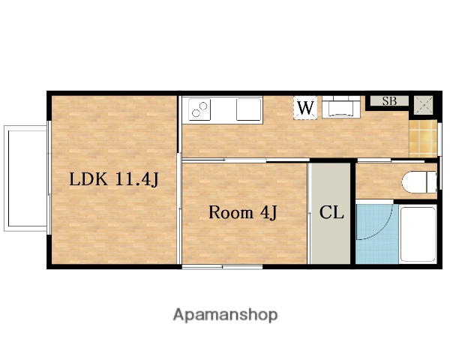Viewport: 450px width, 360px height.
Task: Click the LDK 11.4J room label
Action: [114, 179]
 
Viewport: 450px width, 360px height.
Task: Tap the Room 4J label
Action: [242, 213]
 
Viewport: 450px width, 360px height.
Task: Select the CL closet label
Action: [331, 213]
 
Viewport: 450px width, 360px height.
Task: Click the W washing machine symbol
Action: [305, 108]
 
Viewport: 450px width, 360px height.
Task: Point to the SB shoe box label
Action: [389, 101]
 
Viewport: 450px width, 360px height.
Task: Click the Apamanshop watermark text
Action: [225, 315]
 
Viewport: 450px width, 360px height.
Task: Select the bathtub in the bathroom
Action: [418, 234]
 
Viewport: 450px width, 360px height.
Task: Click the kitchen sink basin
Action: [248, 109]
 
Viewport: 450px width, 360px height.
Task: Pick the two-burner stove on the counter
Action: [199, 109]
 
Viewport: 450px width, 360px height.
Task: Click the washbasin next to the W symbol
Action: [341, 106]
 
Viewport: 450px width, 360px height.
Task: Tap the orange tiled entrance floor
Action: [423, 139]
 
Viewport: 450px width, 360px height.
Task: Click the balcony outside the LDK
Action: [25, 178]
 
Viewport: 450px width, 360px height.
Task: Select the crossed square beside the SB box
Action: [423, 105]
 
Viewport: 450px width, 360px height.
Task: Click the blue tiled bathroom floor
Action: [377, 234]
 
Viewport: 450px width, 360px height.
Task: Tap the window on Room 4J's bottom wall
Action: [223, 267]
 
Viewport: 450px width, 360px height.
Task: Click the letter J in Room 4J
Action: [273, 214]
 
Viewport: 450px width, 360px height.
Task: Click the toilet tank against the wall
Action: [432, 182]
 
